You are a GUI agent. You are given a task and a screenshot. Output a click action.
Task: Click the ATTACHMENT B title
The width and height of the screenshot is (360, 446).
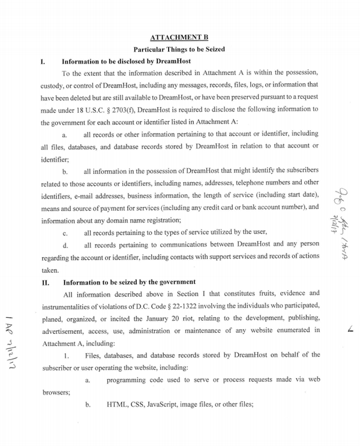coord(179,37)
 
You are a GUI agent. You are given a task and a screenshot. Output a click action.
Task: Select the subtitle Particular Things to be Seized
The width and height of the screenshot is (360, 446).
coord(179,49)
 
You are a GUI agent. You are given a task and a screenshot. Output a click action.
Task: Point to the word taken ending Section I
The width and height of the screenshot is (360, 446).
coord(49,270)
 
